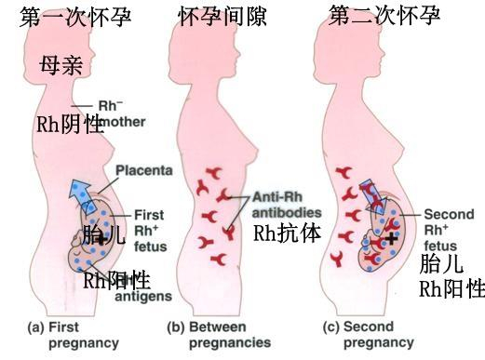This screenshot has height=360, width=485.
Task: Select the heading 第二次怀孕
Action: [384, 16]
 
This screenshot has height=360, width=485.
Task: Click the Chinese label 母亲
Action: [62, 65]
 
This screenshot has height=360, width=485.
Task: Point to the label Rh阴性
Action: [70, 125]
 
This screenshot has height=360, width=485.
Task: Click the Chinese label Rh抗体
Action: [288, 233]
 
